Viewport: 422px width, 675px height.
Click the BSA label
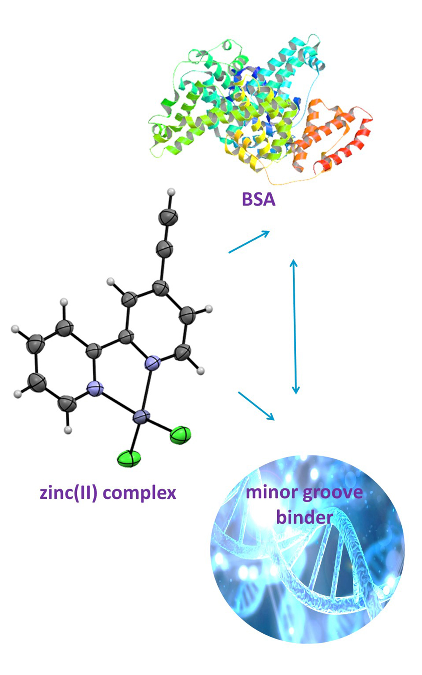coord(258,199)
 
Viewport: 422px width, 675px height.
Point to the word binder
coord(304,517)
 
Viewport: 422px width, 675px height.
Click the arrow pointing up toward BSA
coord(249,242)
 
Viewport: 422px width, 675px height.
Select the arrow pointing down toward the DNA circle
coord(256,406)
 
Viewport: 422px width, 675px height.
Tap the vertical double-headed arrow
coord(295,327)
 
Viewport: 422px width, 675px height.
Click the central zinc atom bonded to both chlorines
coord(141,417)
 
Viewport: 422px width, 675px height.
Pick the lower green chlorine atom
coord(130,459)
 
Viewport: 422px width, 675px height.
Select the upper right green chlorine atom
coord(181,435)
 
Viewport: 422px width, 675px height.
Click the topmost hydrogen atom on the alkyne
coord(171,193)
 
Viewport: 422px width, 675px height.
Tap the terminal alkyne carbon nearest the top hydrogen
coord(168,218)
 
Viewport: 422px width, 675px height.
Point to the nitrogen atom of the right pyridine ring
coord(152,362)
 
